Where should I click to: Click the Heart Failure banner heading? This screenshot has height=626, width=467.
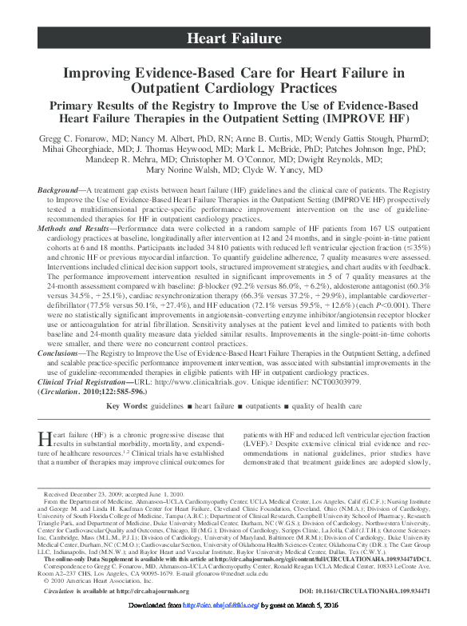point(233,38)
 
